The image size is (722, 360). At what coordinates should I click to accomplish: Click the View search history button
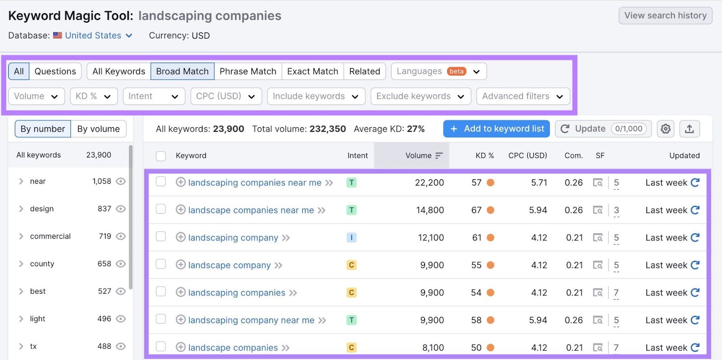tap(665, 16)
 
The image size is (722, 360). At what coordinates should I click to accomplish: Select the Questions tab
tap(55, 71)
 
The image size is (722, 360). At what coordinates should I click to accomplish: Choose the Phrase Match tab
tap(248, 71)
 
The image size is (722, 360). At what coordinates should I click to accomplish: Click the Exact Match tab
tap(312, 71)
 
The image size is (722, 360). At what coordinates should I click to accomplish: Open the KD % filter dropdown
tap(93, 96)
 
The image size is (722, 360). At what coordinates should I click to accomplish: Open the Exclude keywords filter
tap(420, 96)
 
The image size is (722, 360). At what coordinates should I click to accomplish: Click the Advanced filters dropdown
tap(523, 96)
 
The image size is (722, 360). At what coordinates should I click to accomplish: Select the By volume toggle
tap(98, 129)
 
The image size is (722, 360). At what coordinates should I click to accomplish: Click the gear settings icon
tap(665, 129)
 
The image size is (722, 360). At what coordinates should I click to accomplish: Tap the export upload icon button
tap(689, 129)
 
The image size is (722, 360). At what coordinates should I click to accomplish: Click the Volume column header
tap(418, 156)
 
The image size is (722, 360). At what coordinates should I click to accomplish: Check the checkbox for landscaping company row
tap(161, 237)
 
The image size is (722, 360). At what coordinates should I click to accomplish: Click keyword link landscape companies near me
tap(251, 210)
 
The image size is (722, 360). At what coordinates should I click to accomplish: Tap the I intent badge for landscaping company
tap(352, 238)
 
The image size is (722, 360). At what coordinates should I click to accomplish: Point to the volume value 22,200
tap(429, 183)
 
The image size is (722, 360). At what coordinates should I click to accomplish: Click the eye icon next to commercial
tap(120, 236)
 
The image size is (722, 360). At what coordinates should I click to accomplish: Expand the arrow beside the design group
tap(21, 209)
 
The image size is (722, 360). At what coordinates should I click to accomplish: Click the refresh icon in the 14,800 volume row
tap(695, 210)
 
